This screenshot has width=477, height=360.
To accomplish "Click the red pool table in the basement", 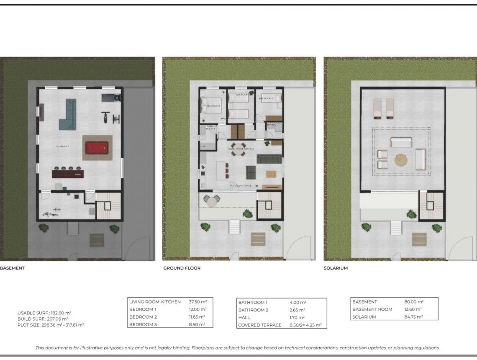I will tap(97, 148).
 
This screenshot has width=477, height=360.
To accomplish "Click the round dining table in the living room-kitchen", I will tap(239, 152).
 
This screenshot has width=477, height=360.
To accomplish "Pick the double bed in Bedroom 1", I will tap(212, 108).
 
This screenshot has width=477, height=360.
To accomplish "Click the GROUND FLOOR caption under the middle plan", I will tap(182, 268).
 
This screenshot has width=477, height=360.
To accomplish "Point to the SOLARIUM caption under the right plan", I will tap(336, 268).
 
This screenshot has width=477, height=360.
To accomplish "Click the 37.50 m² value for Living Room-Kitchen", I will tap(198, 302).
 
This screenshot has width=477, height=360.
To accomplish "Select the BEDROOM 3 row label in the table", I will tap(143, 324).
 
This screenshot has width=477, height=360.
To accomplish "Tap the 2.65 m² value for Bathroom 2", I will tap(297, 310).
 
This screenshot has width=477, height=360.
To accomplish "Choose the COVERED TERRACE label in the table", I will tap(259, 325).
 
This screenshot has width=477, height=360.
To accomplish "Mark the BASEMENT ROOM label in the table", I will tap(372, 309).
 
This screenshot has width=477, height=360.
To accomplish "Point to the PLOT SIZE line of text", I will tap(50, 325).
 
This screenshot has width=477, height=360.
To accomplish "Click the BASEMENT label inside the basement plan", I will tap(62, 147).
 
